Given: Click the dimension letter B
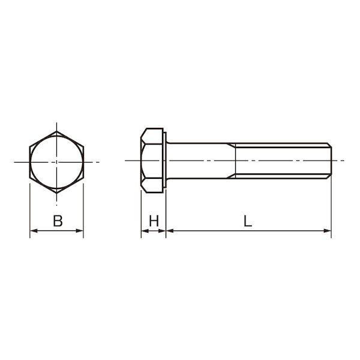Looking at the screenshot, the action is click(x=58, y=221).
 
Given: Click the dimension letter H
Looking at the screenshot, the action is click(x=154, y=221).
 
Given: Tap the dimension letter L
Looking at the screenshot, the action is click(x=248, y=221).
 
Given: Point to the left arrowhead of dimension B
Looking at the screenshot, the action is click(x=34, y=230).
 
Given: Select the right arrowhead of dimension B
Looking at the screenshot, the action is click(x=79, y=230).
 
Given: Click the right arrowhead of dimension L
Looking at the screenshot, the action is click(x=328, y=230).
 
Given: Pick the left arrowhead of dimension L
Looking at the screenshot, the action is click(x=170, y=230).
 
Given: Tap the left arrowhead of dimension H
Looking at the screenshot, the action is click(x=145, y=230).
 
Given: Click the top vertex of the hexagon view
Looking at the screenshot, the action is click(x=57, y=131).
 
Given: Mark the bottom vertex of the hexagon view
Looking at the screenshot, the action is click(x=57, y=193).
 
